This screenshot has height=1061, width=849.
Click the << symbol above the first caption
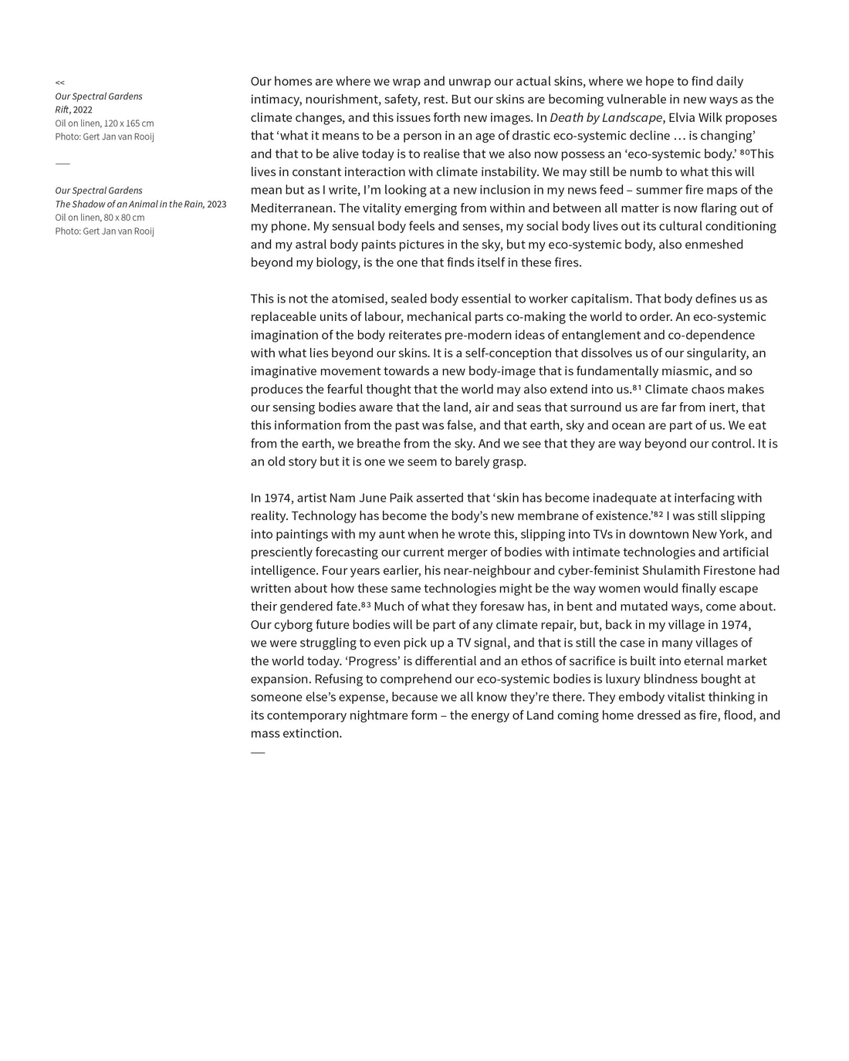(59, 83)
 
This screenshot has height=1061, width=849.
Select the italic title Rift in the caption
(62, 110)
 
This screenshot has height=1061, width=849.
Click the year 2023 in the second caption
(217, 204)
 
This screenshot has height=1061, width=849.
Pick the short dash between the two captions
(63, 164)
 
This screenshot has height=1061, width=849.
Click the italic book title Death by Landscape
(606, 118)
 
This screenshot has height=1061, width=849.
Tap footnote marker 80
(744, 152)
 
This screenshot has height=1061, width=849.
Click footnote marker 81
(637, 387)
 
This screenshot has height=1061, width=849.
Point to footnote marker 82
(658, 514)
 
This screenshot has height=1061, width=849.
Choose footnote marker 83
(366, 605)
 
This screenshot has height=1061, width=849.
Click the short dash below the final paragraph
(258, 752)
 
